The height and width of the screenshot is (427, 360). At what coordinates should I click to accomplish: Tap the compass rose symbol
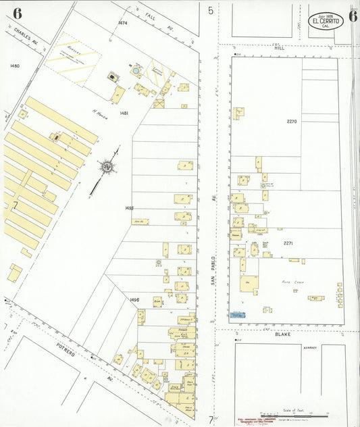point(106,166)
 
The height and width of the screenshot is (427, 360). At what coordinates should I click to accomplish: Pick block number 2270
point(291,122)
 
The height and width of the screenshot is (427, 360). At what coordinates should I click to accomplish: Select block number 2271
point(288,243)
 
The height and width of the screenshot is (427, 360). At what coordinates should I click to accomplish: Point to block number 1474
point(122,24)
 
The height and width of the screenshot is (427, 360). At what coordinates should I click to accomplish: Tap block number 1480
point(15,66)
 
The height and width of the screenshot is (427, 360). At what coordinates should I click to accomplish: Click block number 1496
point(135,299)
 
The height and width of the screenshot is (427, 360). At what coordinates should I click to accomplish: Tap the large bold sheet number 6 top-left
point(16,14)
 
